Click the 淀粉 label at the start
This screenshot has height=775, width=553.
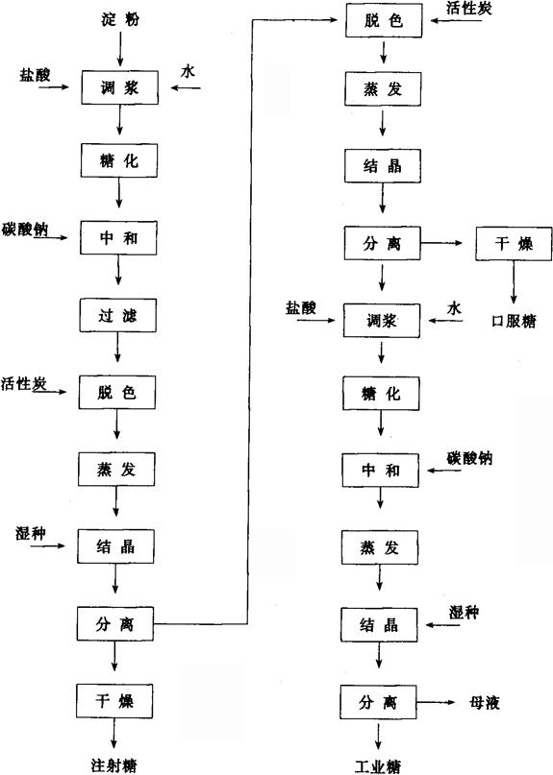(x=120, y=20)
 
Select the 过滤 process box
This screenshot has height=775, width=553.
(x=118, y=315)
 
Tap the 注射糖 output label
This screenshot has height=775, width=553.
(x=113, y=765)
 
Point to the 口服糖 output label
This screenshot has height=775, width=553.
(x=514, y=322)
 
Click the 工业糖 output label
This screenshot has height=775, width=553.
(x=378, y=766)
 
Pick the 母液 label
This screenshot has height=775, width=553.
(x=485, y=702)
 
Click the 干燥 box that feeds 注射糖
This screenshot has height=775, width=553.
(x=114, y=701)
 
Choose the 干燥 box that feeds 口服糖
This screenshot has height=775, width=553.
(x=514, y=244)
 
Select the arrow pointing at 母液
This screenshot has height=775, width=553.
(x=436, y=702)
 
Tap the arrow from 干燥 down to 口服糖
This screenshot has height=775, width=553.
(x=514, y=282)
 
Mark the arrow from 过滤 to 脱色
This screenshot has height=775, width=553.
(x=117, y=347)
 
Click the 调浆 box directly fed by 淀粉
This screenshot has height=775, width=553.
(x=120, y=87)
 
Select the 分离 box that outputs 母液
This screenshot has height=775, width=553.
(x=378, y=702)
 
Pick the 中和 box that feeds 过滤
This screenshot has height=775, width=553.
(x=119, y=238)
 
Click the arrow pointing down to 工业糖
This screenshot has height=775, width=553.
(x=379, y=736)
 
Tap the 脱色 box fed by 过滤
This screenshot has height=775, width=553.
(x=116, y=392)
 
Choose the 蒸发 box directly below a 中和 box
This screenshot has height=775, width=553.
(x=379, y=547)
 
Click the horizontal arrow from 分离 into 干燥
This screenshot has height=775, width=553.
(x=441, y=243)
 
